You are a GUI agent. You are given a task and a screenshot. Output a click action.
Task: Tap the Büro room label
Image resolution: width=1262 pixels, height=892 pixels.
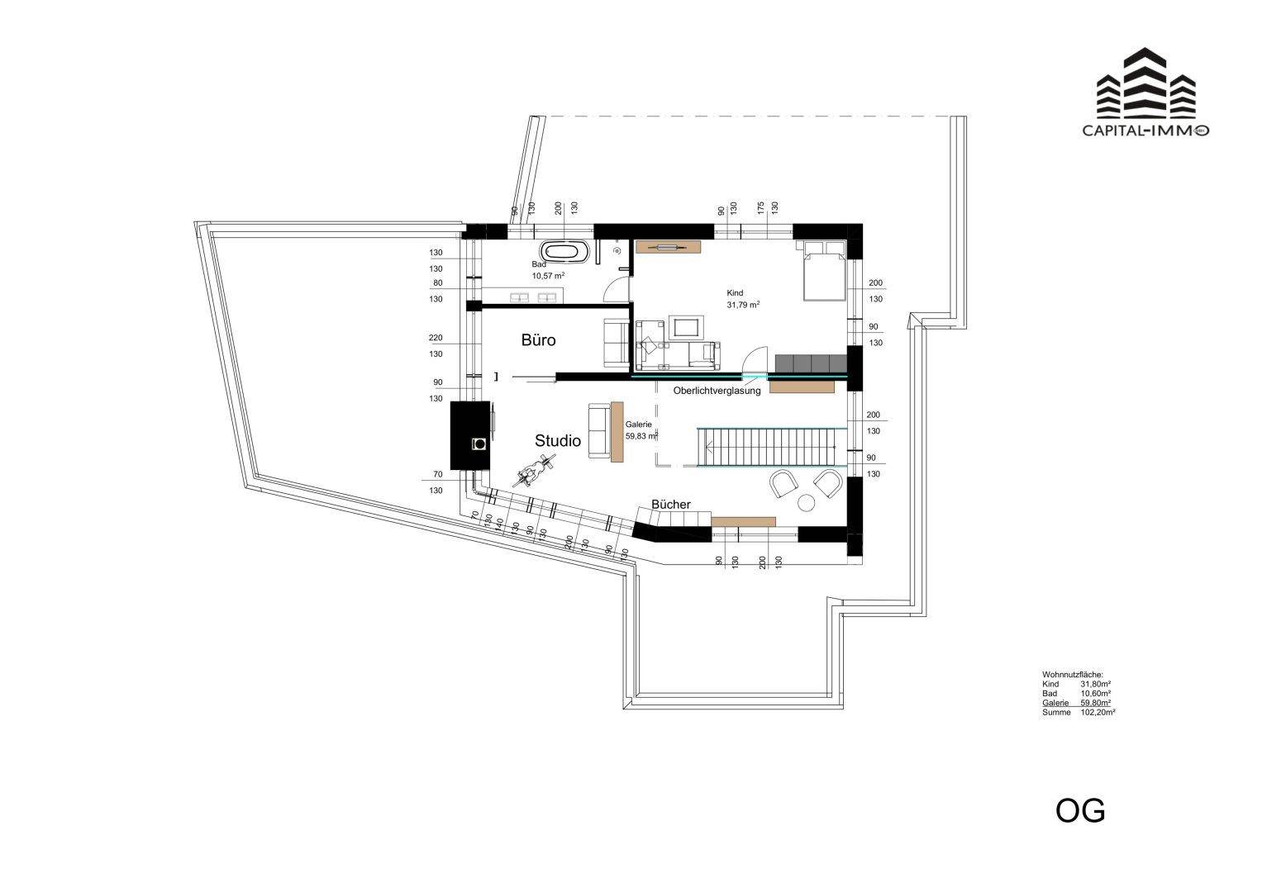[538, 339]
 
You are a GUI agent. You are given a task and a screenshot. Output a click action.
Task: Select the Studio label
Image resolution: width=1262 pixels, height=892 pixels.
[558, 441]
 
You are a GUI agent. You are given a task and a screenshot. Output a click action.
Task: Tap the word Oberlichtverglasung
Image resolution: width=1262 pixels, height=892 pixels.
[717, 391]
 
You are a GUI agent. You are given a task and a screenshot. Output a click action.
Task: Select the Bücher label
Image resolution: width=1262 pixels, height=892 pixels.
[670, 504]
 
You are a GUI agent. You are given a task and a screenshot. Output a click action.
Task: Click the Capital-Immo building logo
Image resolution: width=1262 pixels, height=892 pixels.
[1145, 87]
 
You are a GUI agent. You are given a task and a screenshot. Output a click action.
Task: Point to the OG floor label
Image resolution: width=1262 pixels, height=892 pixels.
[1079, 810]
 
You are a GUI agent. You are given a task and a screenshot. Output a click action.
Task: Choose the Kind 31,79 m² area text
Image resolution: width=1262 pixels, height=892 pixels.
[742, 299]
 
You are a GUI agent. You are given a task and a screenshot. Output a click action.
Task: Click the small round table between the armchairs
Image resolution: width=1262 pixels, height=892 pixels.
[806, 502]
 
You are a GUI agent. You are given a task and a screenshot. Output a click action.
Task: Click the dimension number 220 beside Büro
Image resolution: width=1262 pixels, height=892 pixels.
[436, 338]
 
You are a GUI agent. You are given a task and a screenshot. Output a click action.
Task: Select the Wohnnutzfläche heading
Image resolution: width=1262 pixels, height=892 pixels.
[1072, 675]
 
